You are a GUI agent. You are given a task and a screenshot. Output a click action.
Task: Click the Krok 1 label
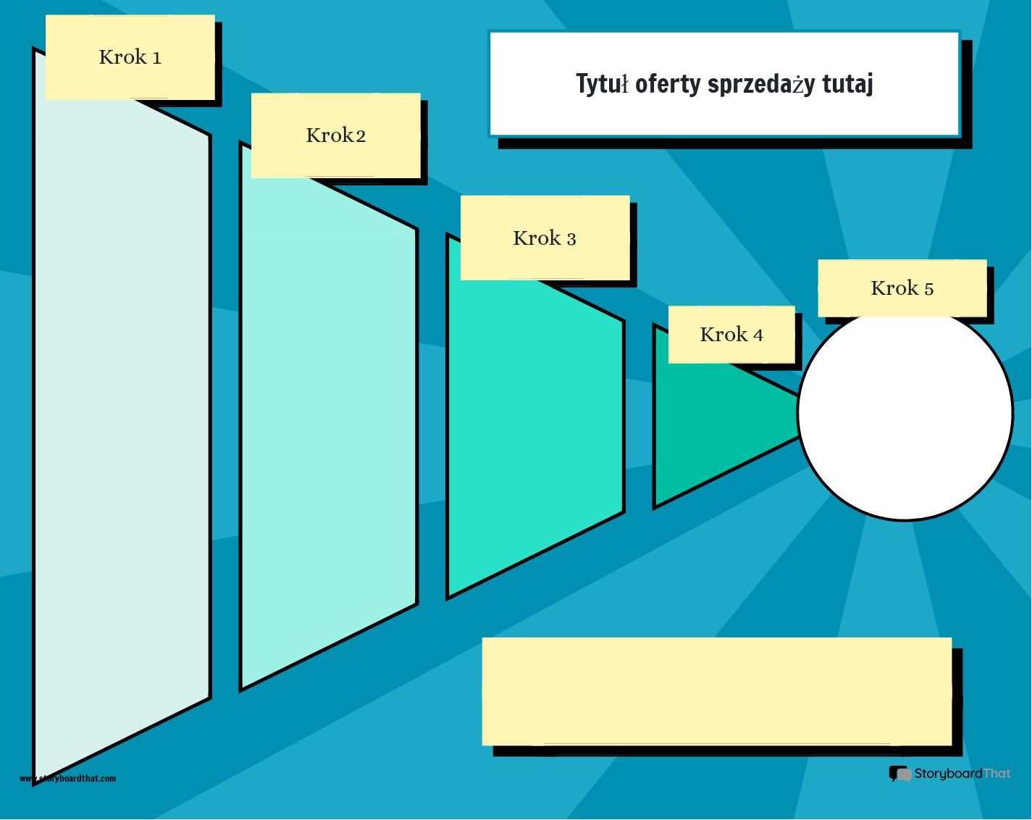pyautogui.click(x=130, y=57)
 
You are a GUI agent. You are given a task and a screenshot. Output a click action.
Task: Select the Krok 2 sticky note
pyautogui.click(x=336, y=135)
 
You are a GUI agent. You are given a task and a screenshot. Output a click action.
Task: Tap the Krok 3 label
pyautogui.click(x=545, y=238)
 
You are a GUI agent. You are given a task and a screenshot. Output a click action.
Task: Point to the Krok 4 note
pyautogui.click(x=731, y=335)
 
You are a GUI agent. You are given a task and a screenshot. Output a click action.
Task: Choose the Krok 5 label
pyautogui.click(x=902, y=288)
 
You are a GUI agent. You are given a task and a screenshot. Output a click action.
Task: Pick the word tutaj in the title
pyautogui.click(x=847, y=85)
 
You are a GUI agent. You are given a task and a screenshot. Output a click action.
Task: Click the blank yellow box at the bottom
pyautogui.click(x=717, y=691)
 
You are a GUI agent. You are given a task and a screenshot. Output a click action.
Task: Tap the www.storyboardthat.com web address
pyautogui.click(x=67, y=778)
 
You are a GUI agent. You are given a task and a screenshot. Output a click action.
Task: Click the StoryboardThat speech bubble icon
pyautogui.click(x=900, y=774)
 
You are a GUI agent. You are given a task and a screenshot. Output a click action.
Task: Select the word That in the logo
pyautogui.click(x=997, y=774)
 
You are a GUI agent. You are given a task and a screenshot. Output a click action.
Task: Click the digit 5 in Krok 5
pyautogui.click(x=929, y=289)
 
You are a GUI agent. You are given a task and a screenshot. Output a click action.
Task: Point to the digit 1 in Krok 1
pyautogui.click(x=156, y=58)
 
